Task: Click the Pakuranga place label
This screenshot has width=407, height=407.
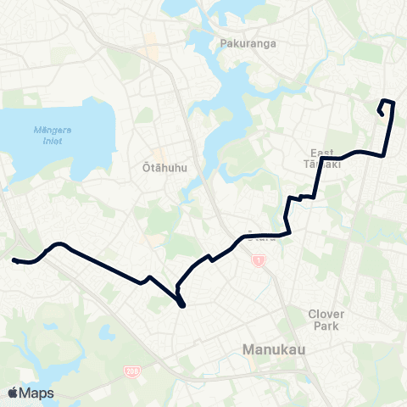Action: click(243, 42)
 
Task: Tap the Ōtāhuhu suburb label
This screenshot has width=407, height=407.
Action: click(161, 167)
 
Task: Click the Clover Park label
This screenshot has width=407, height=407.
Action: click(326, 319)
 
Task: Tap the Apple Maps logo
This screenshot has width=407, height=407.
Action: click(31, 393)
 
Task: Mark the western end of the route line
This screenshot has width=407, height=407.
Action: click(14, 260)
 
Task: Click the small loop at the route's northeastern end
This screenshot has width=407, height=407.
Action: click(384, 109)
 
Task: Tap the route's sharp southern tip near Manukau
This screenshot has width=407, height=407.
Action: click(183, 305)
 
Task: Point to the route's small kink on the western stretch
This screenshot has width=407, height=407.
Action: click(149, 278)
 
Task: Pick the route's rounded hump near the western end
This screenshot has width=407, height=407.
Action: click(57, 245)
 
